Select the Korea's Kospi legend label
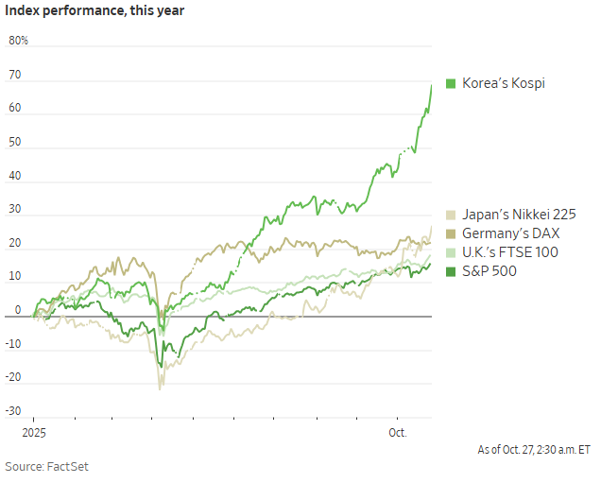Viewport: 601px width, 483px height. click(x=503, y=83)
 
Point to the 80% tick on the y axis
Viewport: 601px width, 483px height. click(x=18, y=42)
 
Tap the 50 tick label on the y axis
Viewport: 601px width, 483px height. click(x=14, y=143)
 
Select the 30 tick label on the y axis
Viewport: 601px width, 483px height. click(x=14, y=210)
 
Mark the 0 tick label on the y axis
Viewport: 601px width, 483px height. click(x=17, y=310)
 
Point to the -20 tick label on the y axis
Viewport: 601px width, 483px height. click(x=13, y=377)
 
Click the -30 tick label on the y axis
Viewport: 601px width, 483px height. click(x=13, y=411)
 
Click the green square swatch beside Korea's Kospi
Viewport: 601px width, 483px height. click(x=451, y=83)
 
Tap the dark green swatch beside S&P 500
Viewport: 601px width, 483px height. click(x=451, y=271)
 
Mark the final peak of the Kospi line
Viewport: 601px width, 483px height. click(x=432, y=85)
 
